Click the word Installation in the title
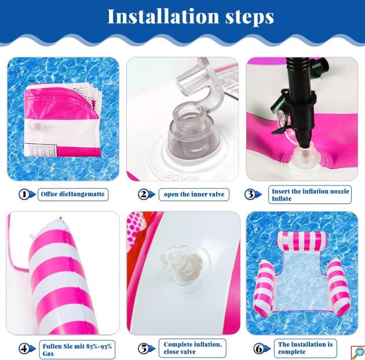(x=163, y=16)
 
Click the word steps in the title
(x=249, y=17)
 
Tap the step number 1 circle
(x=24, y=194)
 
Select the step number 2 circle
(x=144, y=194)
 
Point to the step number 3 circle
(x=250, y=194)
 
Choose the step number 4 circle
(x=24, y=348)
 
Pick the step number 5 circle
(x=144, y=348)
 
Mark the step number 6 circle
(x=259, y=348)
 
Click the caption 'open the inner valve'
(x=194, y=194)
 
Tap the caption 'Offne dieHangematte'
(x=72, y=194)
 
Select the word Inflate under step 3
(x=282, y=199)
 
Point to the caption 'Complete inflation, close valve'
(x=193, y=348)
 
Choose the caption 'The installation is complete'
(x=305, y=348)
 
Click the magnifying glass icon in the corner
(x=358, y=353)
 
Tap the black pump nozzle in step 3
(x=301, y=103)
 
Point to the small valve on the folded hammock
(x=37, y=126)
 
